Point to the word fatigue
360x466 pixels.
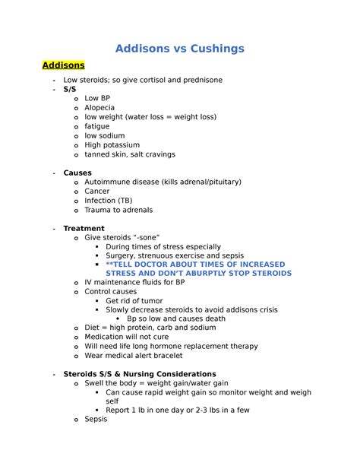tap(98, 126)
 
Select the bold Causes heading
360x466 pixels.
tap(77, 173)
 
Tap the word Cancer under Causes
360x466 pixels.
tap(97, 192)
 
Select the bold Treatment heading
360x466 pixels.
tap(84, 228)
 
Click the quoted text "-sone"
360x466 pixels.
tap(146, 238)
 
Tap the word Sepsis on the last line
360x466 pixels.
tap(96, 418)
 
